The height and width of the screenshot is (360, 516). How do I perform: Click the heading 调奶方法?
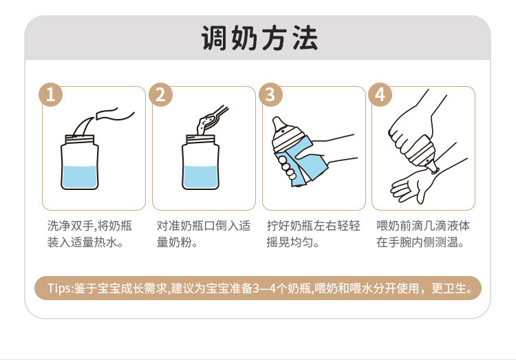(259, 39)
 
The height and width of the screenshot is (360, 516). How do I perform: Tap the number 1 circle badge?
(51, 94)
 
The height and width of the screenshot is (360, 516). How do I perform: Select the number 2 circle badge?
(160, 94)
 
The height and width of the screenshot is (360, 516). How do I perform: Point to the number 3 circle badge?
(270, 94)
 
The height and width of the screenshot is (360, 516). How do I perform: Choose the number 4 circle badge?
(380, 94)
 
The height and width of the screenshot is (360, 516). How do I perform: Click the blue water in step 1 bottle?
(80, 177)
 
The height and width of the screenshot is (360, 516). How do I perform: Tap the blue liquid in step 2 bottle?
(200, 177)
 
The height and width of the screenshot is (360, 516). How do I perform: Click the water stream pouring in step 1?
(83, 126)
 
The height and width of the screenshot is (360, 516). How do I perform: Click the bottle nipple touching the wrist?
(432, 167)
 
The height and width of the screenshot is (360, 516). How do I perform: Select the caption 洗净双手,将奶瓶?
(89, 226)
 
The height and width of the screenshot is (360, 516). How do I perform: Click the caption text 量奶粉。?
(177, 242)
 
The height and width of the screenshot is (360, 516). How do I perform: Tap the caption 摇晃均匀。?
(292, 242)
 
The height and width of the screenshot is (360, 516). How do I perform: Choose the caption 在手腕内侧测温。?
(420, 242)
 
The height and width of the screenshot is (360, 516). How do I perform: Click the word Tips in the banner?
(59, 288)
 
